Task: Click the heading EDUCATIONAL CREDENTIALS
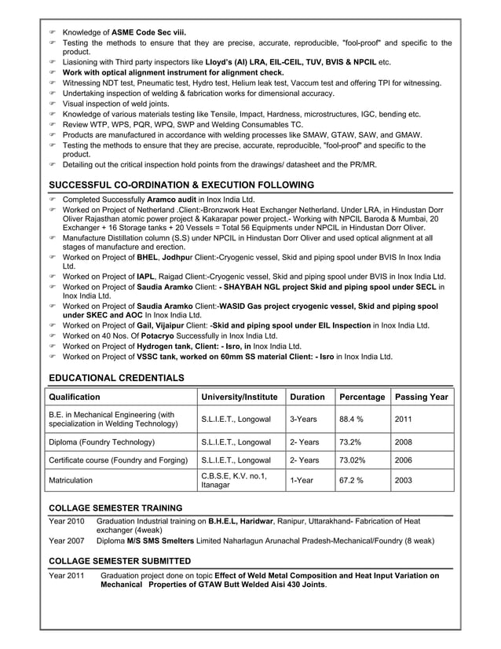(116, 378)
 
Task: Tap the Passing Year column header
(422, 397)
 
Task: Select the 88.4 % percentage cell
(352, 420)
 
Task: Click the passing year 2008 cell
(404, 442)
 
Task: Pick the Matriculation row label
(71, 479)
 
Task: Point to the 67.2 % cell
(352, 479)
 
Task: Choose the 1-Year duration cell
(298, 479)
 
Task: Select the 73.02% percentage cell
(353, 460)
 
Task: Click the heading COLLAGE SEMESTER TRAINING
(115, 508)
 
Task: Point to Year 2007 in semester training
(66, 541)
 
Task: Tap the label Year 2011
(66, 576)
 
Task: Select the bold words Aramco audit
(170, 200)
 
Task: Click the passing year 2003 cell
(404, 479)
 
